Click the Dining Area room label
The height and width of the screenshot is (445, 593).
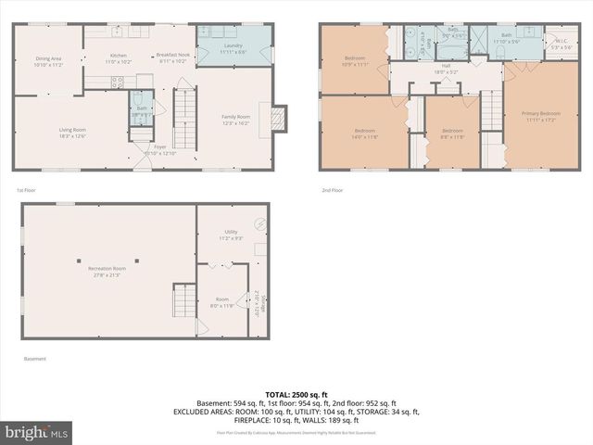[47, 62]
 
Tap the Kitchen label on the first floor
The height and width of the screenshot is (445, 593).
[119, 58]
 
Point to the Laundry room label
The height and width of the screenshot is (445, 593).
[233, 49]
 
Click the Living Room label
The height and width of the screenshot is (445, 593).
[72, 133]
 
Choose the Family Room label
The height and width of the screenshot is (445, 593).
[235, 119]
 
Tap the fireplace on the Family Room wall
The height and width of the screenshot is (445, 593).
[275, 118]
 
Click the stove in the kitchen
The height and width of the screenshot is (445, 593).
[119, 81]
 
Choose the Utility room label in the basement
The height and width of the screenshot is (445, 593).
[231, 235]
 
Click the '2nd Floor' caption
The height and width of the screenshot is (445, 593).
[332, 190]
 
